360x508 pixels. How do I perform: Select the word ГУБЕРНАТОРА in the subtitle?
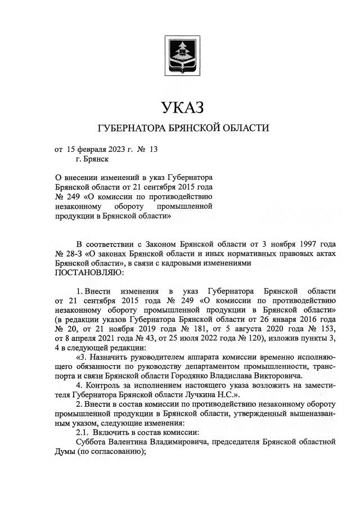(132, 128)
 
